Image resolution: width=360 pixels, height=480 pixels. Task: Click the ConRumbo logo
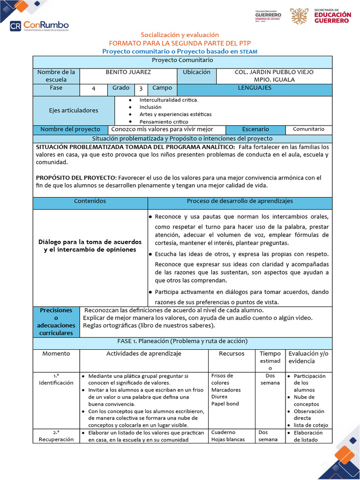tap(39, 25)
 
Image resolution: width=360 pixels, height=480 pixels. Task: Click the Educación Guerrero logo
tap(321, 16)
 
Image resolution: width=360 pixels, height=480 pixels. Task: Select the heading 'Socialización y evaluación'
tap(180, 35)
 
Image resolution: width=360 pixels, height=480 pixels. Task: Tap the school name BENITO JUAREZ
tap(128, 72)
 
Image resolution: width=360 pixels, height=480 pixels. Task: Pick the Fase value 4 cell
tap(94, 89)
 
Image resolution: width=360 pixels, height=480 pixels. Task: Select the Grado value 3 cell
tap(141, 89)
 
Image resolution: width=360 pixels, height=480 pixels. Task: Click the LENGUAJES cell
tap(255, 88)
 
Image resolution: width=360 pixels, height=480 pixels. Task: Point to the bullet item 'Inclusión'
tap(150, 107)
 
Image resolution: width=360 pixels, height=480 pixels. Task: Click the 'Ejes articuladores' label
tap(74, 111)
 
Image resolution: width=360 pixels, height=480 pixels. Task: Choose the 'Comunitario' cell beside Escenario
tap(308, 129)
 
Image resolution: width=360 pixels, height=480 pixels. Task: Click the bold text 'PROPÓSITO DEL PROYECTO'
tap(75, 178)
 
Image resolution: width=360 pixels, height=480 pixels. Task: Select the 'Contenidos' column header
tap(90, 201)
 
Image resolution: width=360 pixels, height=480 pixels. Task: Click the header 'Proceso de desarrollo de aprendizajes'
tap(240, 201)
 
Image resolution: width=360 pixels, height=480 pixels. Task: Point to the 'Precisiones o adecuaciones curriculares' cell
tap(56, 322)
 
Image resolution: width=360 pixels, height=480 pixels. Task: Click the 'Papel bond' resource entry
tap(225, 404)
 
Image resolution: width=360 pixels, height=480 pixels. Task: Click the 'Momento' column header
tap(56, 354)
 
